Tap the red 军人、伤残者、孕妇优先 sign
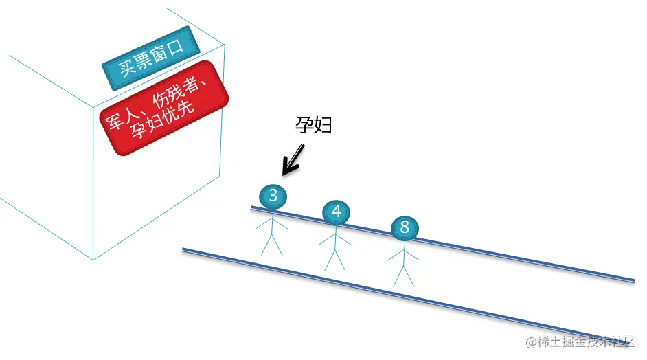point(164,108)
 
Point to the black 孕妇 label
point(313,126)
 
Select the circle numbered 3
point(273,196)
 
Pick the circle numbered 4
point(336,212)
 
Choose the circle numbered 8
point(404,227)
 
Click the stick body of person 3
point(272,230)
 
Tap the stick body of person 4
point(335,247)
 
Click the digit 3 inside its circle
point(273,196)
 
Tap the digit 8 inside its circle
point(404,227)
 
